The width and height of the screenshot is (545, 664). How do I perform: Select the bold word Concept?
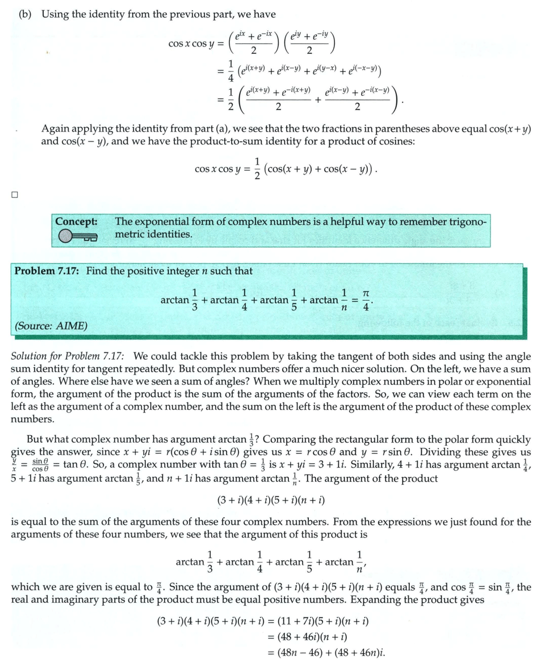77,222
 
